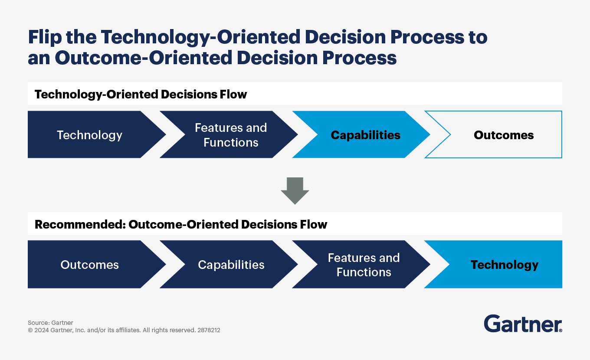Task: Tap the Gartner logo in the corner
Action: [523, 324]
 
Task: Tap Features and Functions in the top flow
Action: [231, 135]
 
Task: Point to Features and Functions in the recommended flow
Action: [364, 265]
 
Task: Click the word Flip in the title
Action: [45, 37]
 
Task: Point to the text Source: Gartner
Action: [50, 323]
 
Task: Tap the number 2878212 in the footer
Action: [209, 330]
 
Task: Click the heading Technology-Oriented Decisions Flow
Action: [141, 94]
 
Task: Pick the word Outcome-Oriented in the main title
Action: [143, 58]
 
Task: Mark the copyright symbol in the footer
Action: [30, 330]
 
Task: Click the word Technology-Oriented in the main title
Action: [200, 37]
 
